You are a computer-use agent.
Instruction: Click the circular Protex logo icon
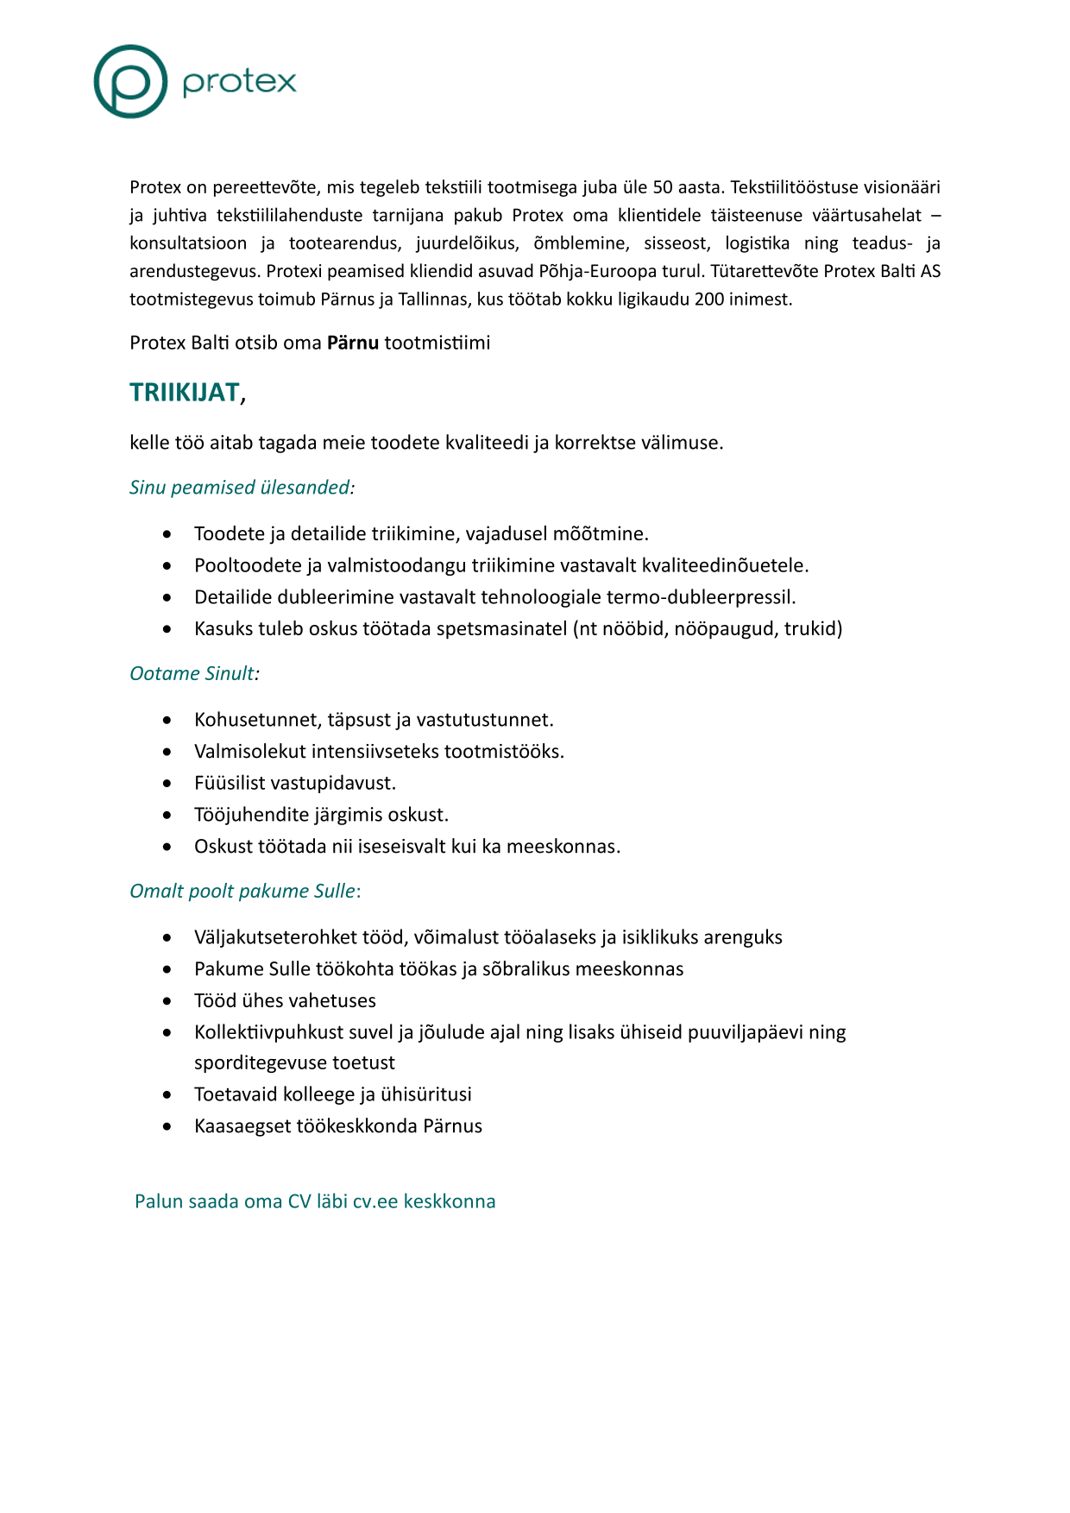(x=130, y=82)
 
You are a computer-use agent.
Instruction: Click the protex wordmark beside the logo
(x=239, y=82)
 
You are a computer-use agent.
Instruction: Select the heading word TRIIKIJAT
(x=185, y=393)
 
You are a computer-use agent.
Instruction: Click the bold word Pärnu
(x=353, y=343)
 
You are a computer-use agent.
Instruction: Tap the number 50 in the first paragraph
(x=663, y=187)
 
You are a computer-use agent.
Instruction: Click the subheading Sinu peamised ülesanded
(x=242, y=488)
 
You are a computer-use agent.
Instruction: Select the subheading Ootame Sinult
(x=194, y=673)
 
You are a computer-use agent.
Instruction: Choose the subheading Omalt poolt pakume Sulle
(x=242, y=891)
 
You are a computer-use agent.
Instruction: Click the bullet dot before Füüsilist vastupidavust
(x=167, y=784)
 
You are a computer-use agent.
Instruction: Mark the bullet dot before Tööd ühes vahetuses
(x=167, y=1001)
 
